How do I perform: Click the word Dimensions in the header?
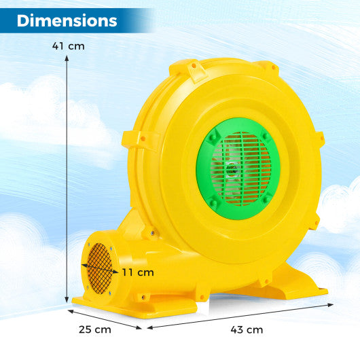click(67, 20)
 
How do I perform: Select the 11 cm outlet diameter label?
click(138, 272)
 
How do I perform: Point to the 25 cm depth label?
click(94, 329)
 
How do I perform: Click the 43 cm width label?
click(245, 329)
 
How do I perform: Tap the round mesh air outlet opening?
click(97, 268)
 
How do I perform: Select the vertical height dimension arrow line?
click(67, 177)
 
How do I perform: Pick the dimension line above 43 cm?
click(238, 314)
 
